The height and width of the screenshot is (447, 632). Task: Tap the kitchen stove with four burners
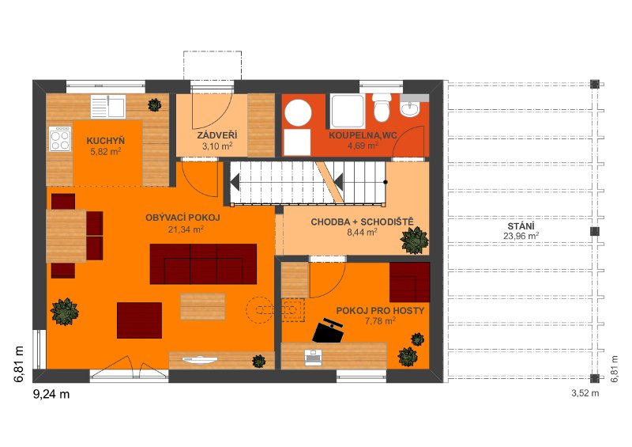click(60, 139)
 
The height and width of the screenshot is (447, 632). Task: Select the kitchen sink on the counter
click(107, 107)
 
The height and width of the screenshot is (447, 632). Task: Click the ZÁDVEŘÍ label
click(216, 135)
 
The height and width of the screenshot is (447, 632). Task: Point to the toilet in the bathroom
click(382, 108)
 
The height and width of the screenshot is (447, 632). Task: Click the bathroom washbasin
click(410, 108)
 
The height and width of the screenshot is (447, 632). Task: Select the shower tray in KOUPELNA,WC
click(348, 110)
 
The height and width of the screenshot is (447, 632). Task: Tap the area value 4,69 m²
click(363, 146)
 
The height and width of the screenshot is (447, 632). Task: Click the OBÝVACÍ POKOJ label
click(182, 218)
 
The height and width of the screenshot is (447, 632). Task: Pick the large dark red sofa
click(203, 263)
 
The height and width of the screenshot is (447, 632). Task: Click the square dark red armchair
click(140, 320)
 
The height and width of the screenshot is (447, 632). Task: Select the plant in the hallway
click(414, 241)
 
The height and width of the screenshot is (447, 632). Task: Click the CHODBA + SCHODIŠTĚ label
click(362, 222)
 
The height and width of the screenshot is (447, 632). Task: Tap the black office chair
click(328, 331)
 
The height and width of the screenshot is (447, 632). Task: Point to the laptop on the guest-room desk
click(312, 358)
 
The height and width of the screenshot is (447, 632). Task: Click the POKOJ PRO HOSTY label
click(380, 310)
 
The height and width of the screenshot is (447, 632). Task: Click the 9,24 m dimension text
click(51, 394)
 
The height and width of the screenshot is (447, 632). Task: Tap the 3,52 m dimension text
click(585, 393)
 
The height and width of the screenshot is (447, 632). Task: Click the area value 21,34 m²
click(186, 229)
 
